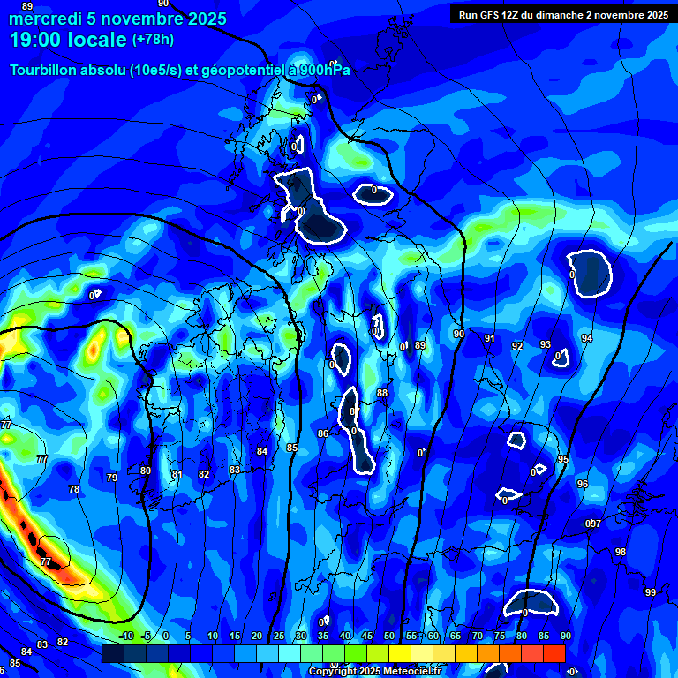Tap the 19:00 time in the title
click(x=39, y=40)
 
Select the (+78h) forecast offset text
click(x=153, y=40)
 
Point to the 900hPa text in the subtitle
click(x=324, y=71)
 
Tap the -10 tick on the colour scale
click(x=125, y=637)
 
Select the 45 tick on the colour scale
click(x=367, y=637)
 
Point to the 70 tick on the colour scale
click(x=478, y=637)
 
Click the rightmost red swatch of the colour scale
click(x=554, y=653)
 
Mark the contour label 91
click(x=489, y=338)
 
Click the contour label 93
click(x=546, y=345)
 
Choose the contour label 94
click(x=587, y=339)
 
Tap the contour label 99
click(x=651, y=592)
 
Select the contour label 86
click(x=323, y=433)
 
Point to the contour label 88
click(x=382, y=393)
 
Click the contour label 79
click(x=112, y=478)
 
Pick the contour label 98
click(x=621, y=552)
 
